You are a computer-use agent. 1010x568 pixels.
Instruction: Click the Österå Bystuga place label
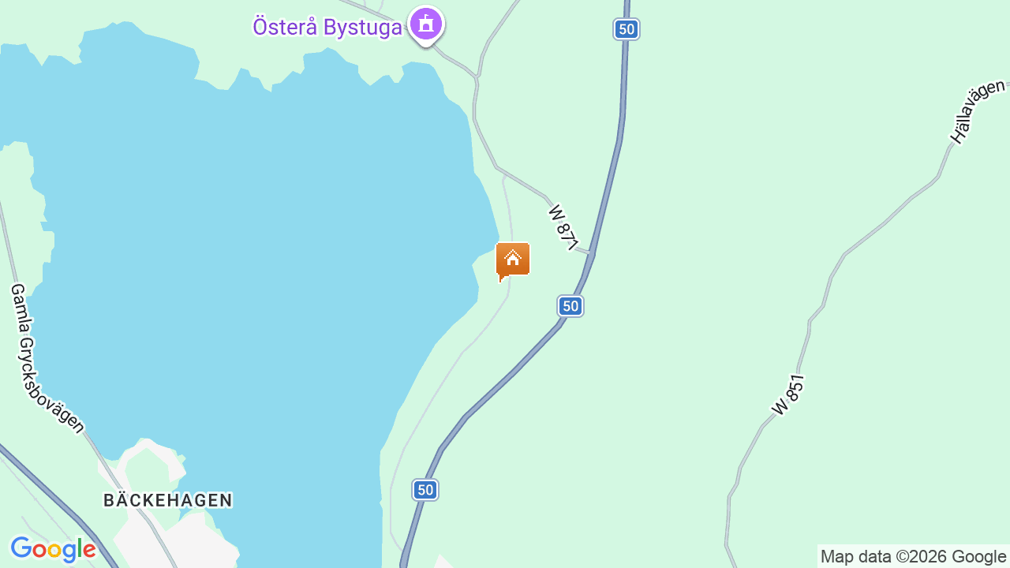(x=327, y=26)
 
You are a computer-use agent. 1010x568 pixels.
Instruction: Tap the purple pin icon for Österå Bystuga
(x=426, y=24)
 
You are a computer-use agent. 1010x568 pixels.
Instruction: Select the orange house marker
(x=513, y=259)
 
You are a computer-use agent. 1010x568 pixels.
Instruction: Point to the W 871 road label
(x=564, y=227)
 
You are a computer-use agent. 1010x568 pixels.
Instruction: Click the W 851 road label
(x=788, y=395)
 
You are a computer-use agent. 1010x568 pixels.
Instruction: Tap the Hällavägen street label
(x=978, y=111)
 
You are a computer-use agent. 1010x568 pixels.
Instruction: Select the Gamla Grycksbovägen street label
(x=47, y=359)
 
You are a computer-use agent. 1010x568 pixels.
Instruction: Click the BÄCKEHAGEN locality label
(x=168, y=500)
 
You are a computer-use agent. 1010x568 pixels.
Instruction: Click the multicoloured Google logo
(x=53, y=549)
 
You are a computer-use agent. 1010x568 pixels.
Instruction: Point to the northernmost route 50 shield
(x=626, y=29)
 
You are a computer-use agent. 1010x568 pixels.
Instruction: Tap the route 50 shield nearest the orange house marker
(x=570, y=306)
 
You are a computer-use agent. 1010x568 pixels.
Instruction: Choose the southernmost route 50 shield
(x=425, y=490)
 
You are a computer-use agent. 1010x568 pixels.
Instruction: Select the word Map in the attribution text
(x=836, y=557)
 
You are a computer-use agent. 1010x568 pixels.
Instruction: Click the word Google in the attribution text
(x=979, y=557)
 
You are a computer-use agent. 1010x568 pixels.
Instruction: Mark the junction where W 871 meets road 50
(x=591, y=253)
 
